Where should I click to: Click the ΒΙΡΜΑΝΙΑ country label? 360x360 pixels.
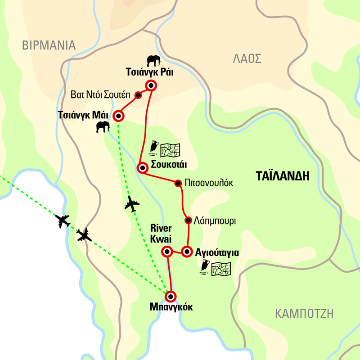coord(49,45)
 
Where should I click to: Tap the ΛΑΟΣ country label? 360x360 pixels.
coord(247,58)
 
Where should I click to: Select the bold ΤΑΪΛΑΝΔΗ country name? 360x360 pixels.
coord(282,176)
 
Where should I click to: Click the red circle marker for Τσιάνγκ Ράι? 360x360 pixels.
coord(150,85)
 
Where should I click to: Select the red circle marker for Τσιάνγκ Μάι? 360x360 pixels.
coord(118,116)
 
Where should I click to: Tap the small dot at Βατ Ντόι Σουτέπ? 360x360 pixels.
coord(139,95)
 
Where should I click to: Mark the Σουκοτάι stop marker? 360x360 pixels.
coord(142,168)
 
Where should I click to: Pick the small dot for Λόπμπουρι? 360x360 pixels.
coord(188,220)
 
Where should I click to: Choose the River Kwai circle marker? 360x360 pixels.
coord(167,251)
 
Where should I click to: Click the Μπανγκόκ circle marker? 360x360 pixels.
coord(171,297)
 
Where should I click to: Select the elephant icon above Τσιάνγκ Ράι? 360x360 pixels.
coord(153,60)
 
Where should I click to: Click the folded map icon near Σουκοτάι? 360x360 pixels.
coord(170,148)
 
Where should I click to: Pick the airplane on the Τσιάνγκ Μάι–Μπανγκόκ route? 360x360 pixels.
coord(131,204)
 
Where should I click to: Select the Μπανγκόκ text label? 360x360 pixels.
coord(171,308)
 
